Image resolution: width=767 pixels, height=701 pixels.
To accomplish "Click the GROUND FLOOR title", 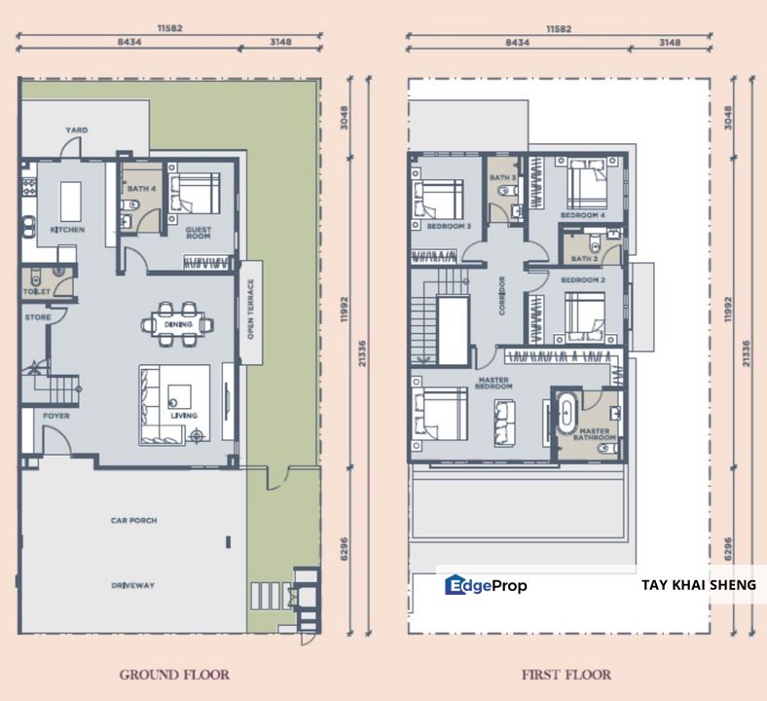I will [174, 674].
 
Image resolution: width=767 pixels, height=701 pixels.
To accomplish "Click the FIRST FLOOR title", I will [566, 674].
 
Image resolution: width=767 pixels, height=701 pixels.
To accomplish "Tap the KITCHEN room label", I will [67, 230].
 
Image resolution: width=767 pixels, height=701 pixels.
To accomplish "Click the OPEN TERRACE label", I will [250, 310].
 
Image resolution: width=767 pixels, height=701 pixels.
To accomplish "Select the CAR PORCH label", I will [133, 521].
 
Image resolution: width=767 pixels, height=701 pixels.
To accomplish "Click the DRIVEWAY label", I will [133, 585].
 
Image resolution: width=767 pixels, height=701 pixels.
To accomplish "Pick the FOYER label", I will [55, 416].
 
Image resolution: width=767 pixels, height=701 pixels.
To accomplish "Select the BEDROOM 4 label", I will [582, 214].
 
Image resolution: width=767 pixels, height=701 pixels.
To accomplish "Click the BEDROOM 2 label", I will [583, 279].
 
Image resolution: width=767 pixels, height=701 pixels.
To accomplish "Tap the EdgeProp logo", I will [486, 585].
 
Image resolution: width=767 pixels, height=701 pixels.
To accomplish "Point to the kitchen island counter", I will [71, 201].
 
